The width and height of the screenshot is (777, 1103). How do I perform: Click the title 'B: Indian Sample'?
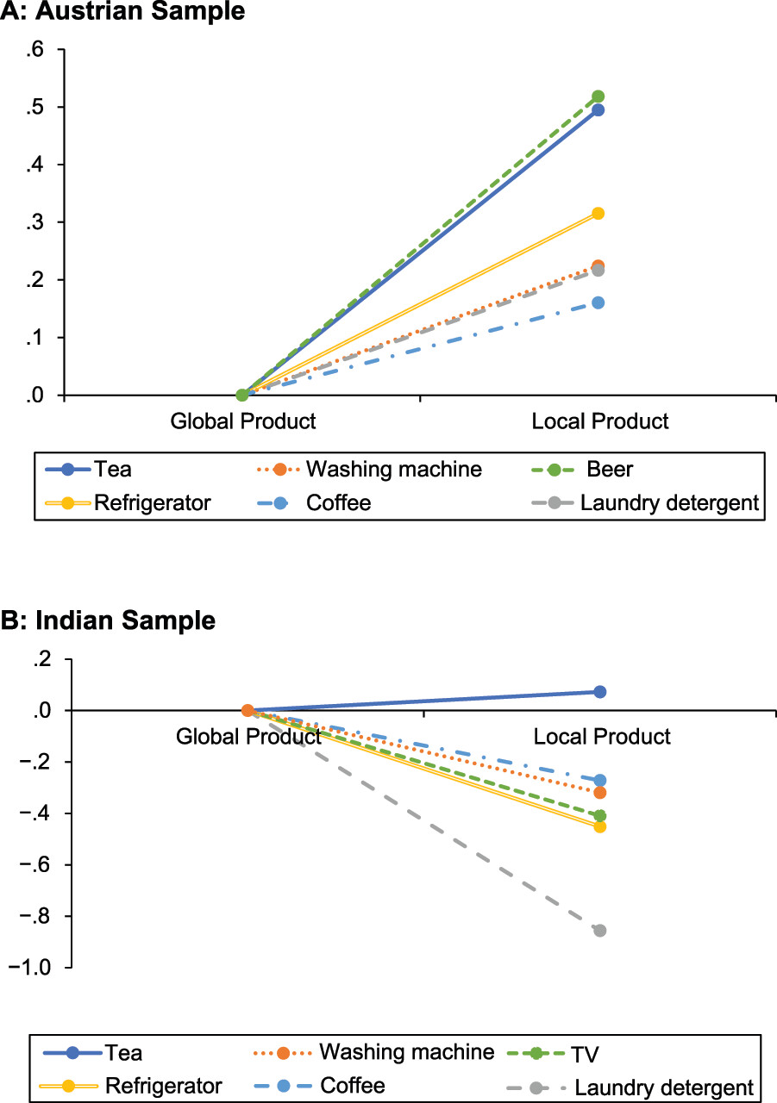110,620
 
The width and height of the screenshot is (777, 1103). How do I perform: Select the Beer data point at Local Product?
598,97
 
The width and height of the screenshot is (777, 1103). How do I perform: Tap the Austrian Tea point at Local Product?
598,110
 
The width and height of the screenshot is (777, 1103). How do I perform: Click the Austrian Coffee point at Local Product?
598,302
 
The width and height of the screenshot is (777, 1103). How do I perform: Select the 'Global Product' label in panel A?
243,421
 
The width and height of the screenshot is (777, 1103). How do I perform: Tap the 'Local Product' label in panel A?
600,421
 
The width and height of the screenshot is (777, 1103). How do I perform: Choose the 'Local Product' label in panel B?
602,737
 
